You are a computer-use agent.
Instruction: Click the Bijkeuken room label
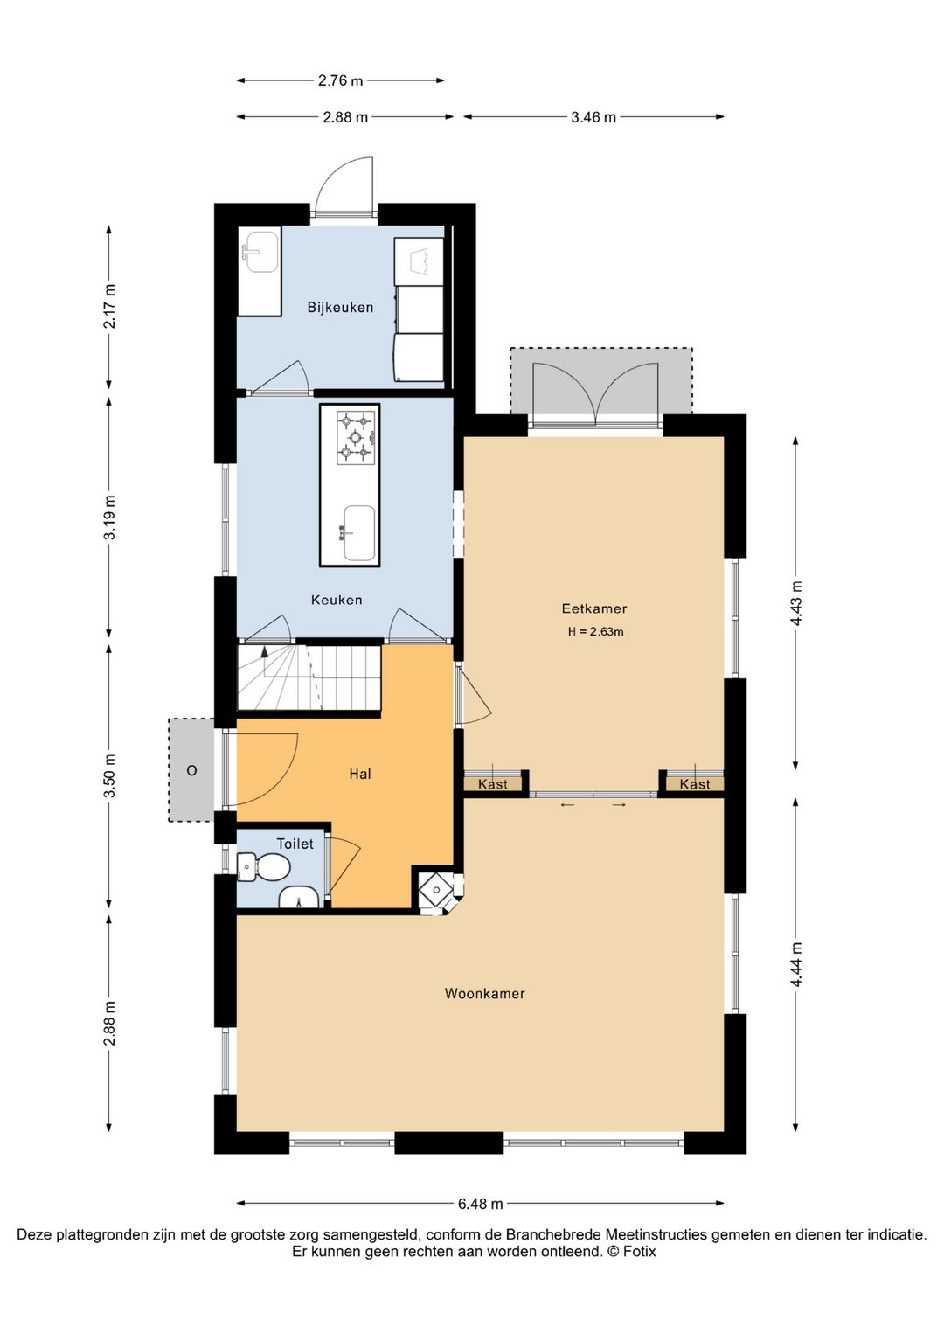(x=340, y=308)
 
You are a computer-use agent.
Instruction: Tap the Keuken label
(x=337, y=600)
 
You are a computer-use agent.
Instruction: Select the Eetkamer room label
(x=594, y=608)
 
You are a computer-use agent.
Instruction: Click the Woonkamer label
(x=485, y=993)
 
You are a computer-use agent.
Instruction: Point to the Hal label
(x=360, y=774)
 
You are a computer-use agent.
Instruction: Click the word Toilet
(x=295, y=844)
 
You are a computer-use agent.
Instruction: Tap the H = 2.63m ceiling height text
(x=595, y=632)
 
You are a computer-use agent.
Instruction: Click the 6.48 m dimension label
(x=481, y=1204)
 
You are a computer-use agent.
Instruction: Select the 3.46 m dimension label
(x=593, y=117)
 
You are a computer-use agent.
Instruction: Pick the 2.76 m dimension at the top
(x=340, y=80)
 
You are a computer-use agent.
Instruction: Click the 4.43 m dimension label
(x=796, y=602)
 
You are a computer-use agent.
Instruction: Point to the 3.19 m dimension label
(x=109, y=517)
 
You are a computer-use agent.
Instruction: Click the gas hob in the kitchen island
(x=355, y=438)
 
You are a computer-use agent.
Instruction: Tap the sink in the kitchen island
(x=358, y=533)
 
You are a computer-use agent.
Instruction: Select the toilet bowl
(x=265, y=867)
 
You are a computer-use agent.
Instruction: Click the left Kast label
(x=493, y=784)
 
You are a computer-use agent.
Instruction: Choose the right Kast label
(x=695, y=784)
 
